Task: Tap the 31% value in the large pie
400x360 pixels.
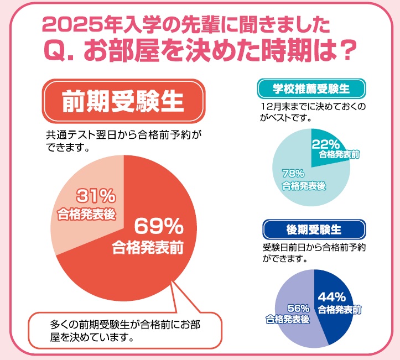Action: point(96,195)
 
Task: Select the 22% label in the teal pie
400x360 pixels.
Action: point(325,144)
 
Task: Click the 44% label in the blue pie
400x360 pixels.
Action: point(331,297)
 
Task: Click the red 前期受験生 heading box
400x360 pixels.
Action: point(124,102)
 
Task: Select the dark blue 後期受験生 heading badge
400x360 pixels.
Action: point(314,228)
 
